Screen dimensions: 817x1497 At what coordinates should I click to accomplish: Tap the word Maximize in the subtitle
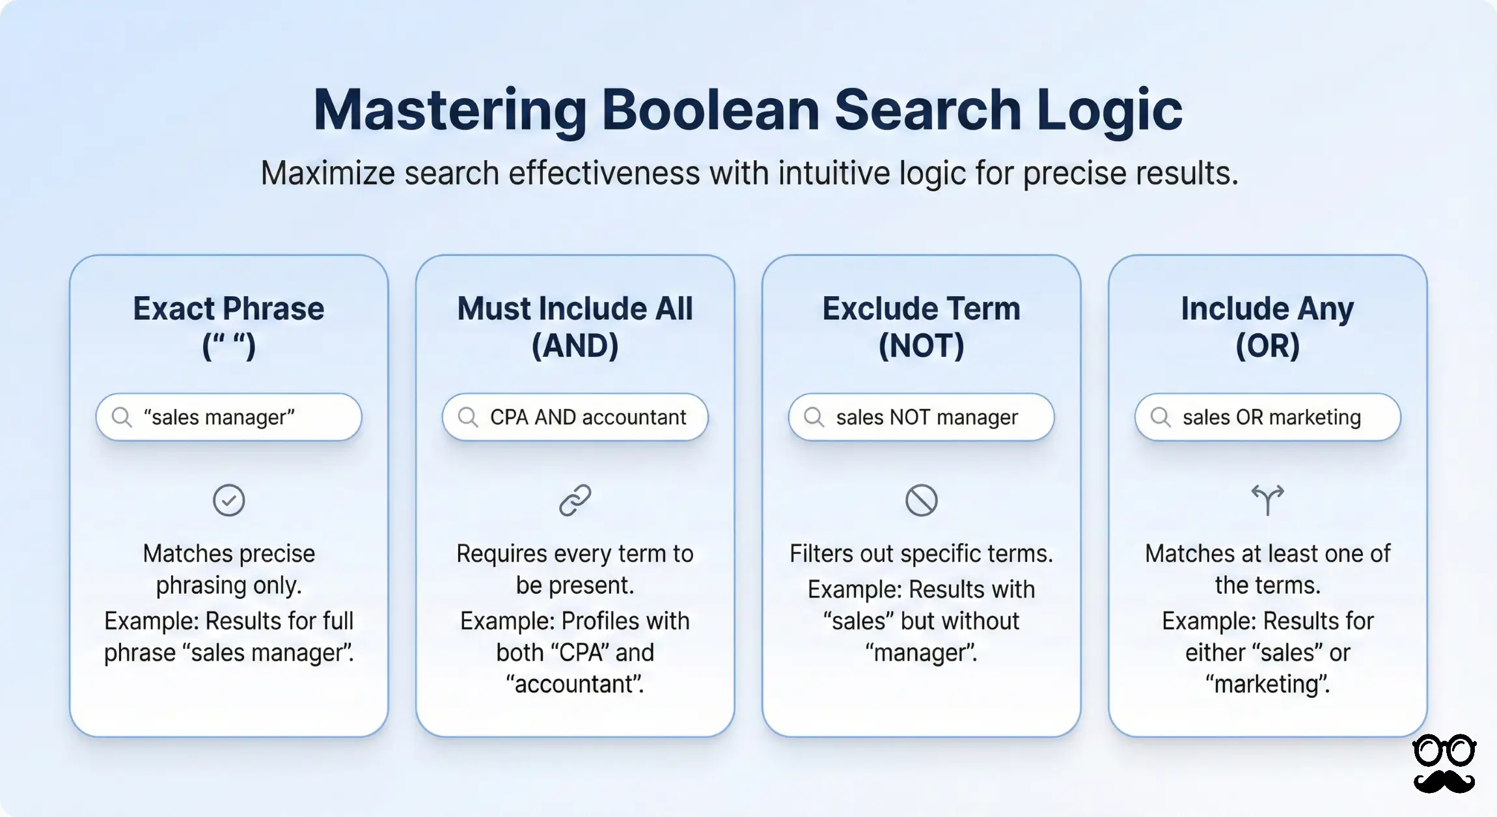click(328, 174)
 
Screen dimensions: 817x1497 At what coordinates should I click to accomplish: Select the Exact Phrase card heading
click(228, 309)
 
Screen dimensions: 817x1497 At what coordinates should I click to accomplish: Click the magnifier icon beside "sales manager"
click(122, 417)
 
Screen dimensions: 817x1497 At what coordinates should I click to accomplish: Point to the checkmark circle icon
click(228, 501)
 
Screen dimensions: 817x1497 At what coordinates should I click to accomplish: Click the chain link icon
click(575, 501)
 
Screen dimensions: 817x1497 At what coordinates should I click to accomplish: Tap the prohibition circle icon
click(921, 501)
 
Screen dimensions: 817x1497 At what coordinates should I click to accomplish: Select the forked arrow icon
click(1267, 500)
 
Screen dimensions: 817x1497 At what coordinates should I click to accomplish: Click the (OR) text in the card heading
click(1267, 346)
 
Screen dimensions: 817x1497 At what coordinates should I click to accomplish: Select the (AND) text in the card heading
click(575, 346)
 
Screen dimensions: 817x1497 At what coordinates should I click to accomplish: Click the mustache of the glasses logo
click(1444, 781)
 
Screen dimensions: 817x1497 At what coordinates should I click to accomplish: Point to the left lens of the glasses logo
click(1429, 752)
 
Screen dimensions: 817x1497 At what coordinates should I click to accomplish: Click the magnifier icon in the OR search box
click(1160, 417)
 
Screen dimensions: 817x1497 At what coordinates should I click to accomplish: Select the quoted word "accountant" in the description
click(575, 684)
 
